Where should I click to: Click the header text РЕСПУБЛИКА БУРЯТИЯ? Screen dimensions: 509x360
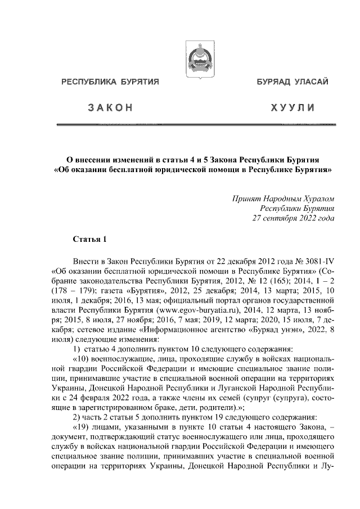click(111, 82)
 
